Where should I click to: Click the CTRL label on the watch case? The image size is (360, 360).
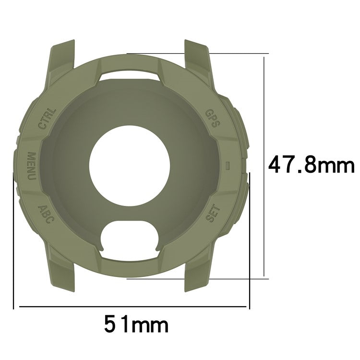point(47,119)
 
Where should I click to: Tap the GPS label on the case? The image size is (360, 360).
point(213,118)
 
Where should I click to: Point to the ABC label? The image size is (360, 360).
point(46,214)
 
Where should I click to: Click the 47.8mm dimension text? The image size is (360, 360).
point(311,166)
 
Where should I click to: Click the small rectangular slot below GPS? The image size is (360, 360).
point(228,165)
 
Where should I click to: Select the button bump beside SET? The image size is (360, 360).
point(243,202)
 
